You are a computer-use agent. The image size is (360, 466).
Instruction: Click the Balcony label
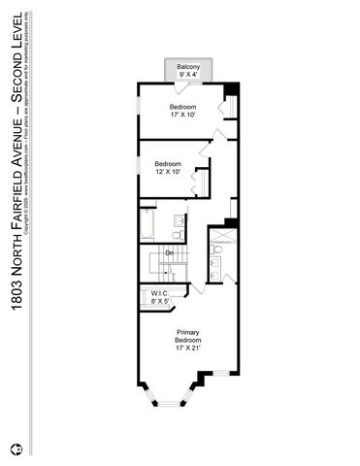pyautogui.click(x=187, y=66)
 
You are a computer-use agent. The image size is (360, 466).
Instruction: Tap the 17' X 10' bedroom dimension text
pyautogui.click(x=183, y=115)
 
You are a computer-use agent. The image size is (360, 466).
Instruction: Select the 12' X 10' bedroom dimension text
pyautogui.click(x=168, y=173)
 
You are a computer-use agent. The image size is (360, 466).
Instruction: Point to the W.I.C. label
pyautogui.click(x=159, y=294)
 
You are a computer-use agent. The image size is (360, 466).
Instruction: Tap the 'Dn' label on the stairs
pyautogui.click(x=169, y=253)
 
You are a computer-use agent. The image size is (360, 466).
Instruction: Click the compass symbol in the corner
pyautogui.click(x=15, y=449)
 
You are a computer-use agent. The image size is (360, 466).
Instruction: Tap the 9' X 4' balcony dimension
pyautogui.click(x=187, y=74)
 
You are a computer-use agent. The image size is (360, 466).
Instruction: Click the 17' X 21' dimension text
pyautogui.click(x=188, y=349)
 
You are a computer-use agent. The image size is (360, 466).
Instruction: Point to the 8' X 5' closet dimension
pyautogui.click(x=159, y=302)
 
